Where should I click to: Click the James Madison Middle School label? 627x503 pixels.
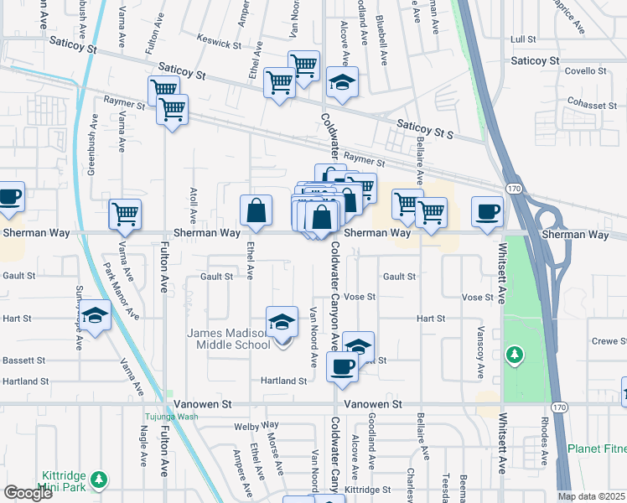[x=227, y=339]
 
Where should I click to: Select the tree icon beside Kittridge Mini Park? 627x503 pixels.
[x=100, y=480]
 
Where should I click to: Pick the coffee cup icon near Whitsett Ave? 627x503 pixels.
[x=487, y=211]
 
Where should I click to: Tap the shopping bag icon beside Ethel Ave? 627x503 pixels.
[x=256, y=211]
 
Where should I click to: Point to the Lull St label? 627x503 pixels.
[x=522, y=39]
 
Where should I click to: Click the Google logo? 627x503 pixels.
[x=28, y=493]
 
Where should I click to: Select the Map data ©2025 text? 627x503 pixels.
[x=592, y=496]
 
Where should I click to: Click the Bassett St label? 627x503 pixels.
[x=23, y=360]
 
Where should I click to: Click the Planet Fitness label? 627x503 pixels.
[x=596, y=449]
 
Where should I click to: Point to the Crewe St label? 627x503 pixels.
[x=609, y=341]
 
